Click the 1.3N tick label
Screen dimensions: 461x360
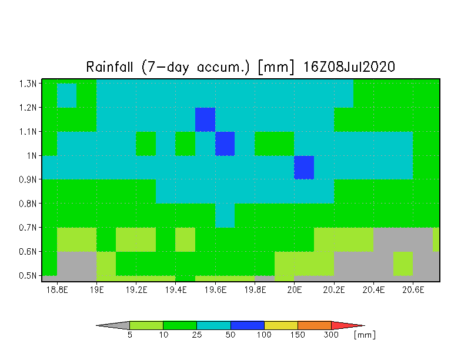(28, 84)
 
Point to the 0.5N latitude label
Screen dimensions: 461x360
(28, 275)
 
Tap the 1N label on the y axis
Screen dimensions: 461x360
(32, 155)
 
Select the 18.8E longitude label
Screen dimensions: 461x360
(57, 290)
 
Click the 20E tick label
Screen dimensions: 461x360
(294, 290)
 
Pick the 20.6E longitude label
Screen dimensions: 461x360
(413, 290)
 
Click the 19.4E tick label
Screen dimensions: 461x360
(176, 290)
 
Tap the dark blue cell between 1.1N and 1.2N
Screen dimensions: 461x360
(205, 120)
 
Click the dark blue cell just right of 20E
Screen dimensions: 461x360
(304, 167)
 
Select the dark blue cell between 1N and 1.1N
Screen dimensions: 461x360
(225, 144)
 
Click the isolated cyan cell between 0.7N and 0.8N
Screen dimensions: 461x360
(225, 215)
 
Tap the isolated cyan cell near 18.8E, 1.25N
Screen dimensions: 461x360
(67, 95)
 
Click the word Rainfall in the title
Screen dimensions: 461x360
(109, 67)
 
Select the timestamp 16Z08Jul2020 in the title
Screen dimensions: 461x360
(349, 67)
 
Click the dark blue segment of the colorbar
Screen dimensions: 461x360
(247, 325)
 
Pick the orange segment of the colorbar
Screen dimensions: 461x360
(315, 325)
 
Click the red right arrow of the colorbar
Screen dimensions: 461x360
(347, 325)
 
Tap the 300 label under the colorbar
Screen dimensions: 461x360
(331, 335)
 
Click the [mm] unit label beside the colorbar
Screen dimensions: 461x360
(365, 335)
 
